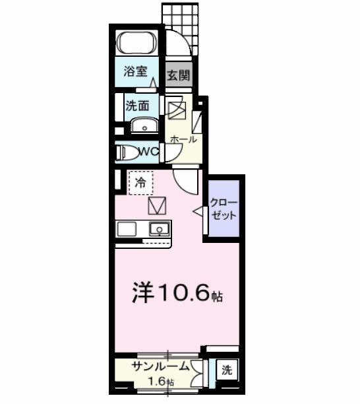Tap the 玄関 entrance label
(178, 75)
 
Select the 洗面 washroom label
(137, 104)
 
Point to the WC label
(148, 152)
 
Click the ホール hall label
(183, 139)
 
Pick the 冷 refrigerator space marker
(140, 183)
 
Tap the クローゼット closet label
(224, 209)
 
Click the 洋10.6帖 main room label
(177, 293)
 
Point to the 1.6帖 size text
(161, 382)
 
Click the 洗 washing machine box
(226, 371)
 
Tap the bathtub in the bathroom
(136, 44)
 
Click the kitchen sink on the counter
(160, 229)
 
